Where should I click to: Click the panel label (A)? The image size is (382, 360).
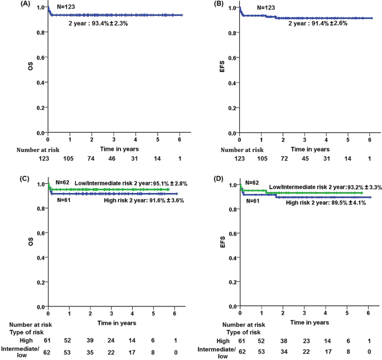10,4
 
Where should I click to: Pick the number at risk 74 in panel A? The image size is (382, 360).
91,160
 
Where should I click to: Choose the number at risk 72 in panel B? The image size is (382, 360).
283,160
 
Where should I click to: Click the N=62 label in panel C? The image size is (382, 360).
62,182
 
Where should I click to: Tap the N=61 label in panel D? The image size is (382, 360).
253,201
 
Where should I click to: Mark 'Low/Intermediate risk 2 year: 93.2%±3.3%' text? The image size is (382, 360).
325,188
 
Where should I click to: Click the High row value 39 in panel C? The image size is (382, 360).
90,340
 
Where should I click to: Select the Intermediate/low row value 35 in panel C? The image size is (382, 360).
90,352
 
